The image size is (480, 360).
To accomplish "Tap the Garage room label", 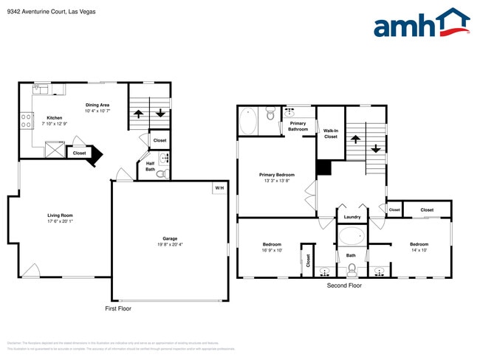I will pos(170,238).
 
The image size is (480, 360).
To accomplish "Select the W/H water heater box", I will pos(219,188).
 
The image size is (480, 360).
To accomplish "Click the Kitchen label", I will pos(55,118).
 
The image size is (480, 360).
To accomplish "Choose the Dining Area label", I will pos(97,105).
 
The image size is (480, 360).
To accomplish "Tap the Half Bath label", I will pos(150,167).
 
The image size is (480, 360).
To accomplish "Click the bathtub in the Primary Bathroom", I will pos(248,120).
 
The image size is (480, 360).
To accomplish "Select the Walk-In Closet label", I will pos(330,134).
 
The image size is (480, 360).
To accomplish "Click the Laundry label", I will pos(352,217).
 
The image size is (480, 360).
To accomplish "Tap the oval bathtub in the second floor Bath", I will pos(352,237).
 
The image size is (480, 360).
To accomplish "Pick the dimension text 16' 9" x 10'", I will pos(272,250).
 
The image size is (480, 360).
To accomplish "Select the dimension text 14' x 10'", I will pos(419,250).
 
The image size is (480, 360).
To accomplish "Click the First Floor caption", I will pos(117,308).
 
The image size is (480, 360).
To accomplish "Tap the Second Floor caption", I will pos(344,284).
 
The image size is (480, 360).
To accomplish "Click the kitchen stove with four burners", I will pos(26,119).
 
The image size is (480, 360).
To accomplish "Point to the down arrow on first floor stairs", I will pos(160,114).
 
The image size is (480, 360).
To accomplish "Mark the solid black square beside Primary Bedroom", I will pos(323,167).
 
